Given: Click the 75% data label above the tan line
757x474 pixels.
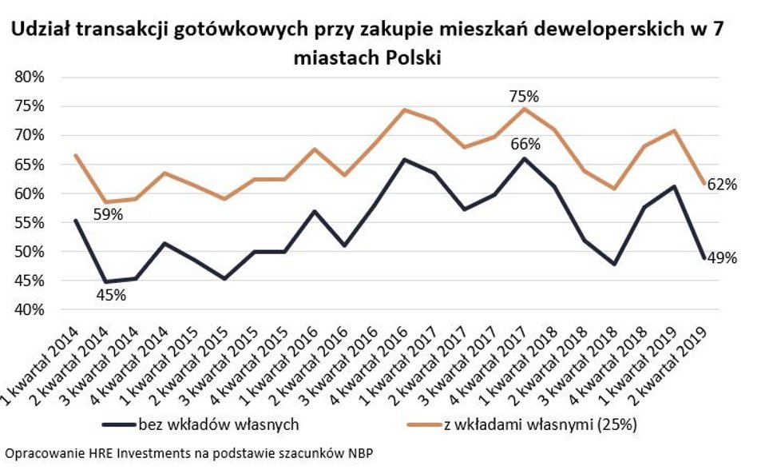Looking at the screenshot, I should [x=524, y=96].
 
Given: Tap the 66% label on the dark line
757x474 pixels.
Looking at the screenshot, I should [x=525, y=145].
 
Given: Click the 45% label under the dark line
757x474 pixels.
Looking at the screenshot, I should [x=110, y=296].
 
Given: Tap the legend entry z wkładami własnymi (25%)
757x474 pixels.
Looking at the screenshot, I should [x=540, y=424].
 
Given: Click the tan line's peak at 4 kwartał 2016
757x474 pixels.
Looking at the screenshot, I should [x=404, y=110].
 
